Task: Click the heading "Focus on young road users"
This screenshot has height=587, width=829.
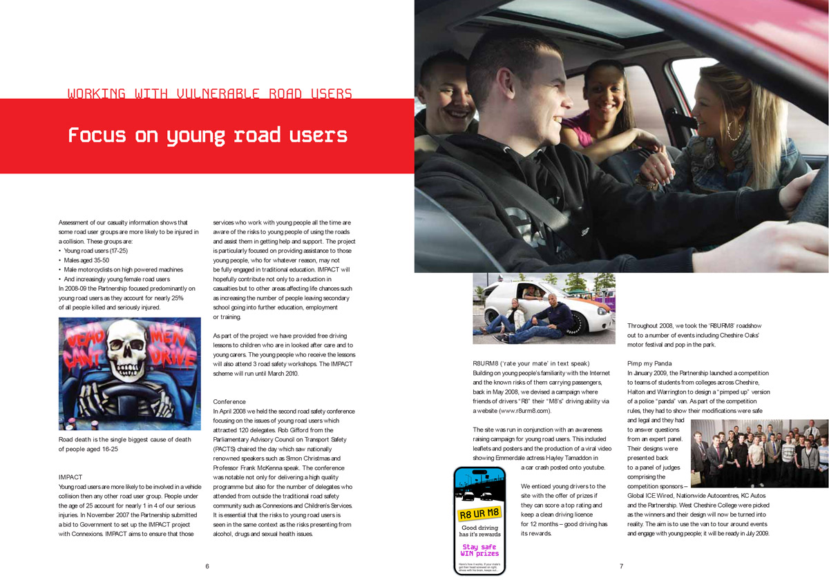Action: [207, 135]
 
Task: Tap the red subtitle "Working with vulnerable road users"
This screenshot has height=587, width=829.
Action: [210, 94]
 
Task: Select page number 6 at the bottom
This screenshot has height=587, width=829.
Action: [207, 566]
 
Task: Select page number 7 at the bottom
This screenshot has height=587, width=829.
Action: [621, 566]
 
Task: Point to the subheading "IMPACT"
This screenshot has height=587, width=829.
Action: [70, 477]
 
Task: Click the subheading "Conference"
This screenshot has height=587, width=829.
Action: [229, 401]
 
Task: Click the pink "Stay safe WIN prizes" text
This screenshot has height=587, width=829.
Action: [479, 550]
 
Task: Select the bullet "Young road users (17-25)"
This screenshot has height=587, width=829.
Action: [96, 251]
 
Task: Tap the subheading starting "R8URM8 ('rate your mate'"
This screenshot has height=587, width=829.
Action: [531, 363]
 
